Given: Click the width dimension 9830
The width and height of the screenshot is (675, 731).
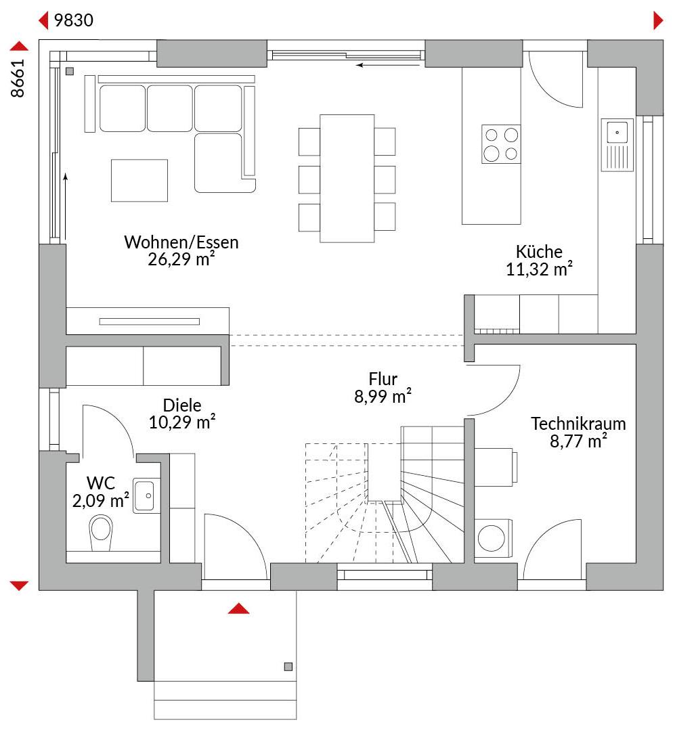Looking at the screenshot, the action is click(x=74, y=20).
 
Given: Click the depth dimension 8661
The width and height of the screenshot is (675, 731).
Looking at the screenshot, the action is click(x=17, y=79).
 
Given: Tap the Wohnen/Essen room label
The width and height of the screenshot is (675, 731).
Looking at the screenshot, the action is click(x=181, y=242).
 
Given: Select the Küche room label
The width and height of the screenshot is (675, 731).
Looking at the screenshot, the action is click(x=539, y=252).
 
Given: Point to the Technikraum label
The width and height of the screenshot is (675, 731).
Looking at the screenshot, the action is click(x=578, y=424).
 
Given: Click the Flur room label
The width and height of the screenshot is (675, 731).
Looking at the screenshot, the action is click(x=383, y=379).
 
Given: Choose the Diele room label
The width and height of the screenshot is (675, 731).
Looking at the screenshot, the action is click(x=182, y=405).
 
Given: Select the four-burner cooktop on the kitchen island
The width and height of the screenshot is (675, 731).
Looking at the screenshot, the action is click(x=501, y=144).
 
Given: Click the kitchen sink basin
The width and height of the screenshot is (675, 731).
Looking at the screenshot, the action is click(x=617, y=133).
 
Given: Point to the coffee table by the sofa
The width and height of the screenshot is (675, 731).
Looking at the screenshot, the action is click(x=139, y=181).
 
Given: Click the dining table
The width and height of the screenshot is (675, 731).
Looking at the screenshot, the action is click(x=347, y=178).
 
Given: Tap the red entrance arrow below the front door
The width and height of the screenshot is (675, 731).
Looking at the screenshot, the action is click(x=238, y=608).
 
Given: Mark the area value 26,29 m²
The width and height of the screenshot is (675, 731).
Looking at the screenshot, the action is click(x=181, y=259).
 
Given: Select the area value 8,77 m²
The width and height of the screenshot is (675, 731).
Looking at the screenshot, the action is click(x=578, y=441).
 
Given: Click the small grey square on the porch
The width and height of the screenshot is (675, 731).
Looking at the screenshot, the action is click(x=288, y=667).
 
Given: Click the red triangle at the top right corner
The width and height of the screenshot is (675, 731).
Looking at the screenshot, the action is click(x=658, y=20).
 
